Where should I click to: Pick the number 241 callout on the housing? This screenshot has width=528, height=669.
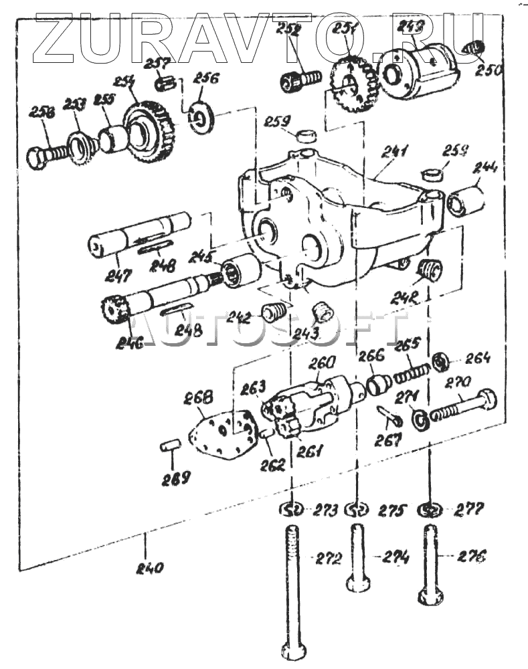(x=395, y=153)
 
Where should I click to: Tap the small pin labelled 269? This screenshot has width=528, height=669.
(x=170, y=444)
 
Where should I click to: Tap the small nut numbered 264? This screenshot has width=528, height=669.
(x=440, y=362)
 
